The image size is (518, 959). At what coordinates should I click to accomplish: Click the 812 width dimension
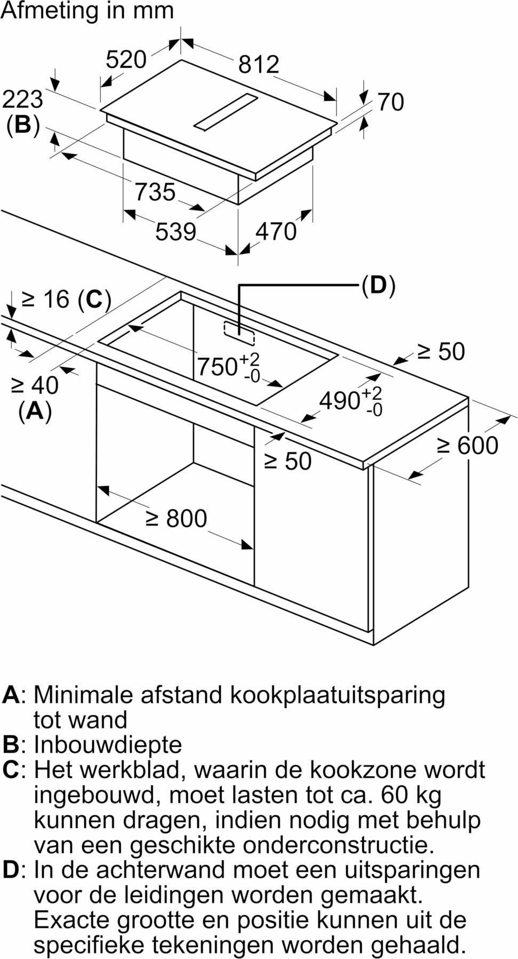259,65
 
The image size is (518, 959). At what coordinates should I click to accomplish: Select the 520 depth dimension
126,60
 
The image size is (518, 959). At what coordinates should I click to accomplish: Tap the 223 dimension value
22,99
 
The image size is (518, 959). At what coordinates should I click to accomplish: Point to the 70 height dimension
391,102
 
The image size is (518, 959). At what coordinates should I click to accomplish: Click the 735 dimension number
155,192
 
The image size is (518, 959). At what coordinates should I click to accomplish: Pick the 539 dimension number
176,232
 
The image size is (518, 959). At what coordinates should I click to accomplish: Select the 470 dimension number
276,231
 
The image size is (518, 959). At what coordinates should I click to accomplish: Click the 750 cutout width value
217,367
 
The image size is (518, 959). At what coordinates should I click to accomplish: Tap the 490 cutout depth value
339,400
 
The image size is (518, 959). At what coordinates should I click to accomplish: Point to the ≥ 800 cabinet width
177,519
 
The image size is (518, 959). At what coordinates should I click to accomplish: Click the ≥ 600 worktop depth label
468,446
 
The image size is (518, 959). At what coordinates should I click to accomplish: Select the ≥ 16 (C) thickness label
66,300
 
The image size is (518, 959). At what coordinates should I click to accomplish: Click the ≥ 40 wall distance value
35,385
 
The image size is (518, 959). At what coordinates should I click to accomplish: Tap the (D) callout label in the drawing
378,286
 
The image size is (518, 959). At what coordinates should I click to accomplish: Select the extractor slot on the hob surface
226,112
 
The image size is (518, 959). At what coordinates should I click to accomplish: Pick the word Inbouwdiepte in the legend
108,745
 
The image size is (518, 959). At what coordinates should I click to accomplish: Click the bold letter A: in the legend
14,695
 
